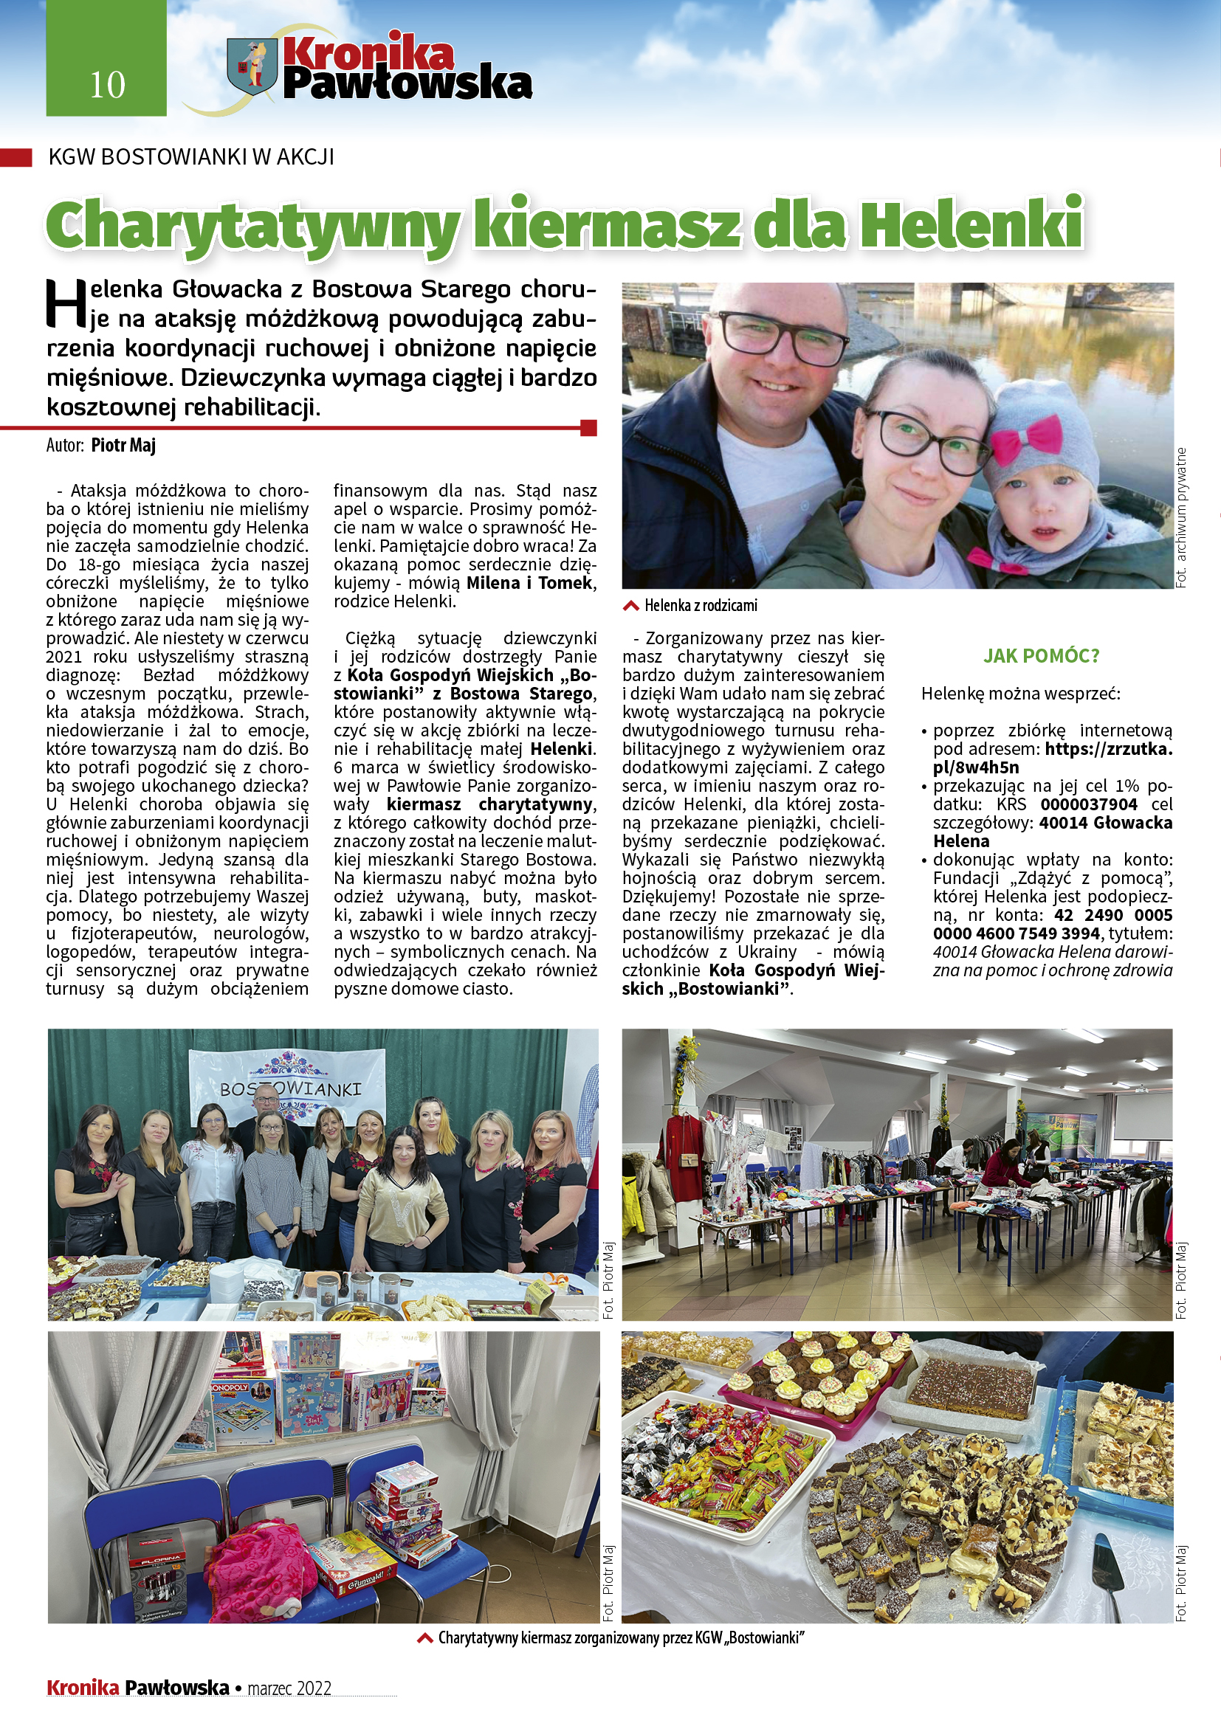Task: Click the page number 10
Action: click(107, 84)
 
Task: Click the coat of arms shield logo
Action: click(252, 65)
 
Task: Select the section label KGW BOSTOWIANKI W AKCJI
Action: click(191, 157)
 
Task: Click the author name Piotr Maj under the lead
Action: click(123, 445)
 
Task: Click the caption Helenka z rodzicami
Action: click(700, 606)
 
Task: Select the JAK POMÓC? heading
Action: click(1042, 656)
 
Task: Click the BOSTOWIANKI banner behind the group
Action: click(289, 1088)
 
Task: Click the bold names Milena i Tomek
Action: click(530, 584)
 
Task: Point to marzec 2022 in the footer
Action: click(289, 1688)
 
